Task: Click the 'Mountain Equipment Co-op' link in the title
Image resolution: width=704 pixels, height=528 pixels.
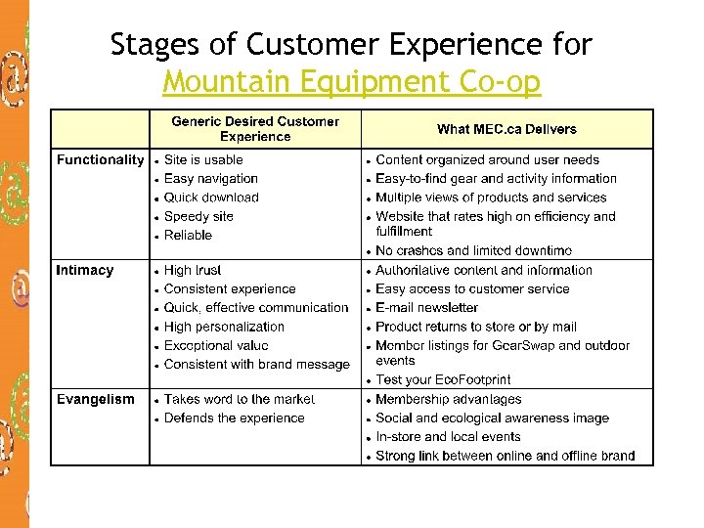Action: click(x=351, y=82)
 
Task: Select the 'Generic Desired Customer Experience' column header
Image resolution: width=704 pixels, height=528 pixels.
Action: click(x=255, y=129)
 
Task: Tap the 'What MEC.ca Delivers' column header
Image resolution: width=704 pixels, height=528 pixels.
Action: click(x=506, y=129)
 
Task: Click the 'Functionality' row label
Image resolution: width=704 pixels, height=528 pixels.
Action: click(x=100, y=159)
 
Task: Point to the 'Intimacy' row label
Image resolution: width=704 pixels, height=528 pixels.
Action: click(x=85, y=270)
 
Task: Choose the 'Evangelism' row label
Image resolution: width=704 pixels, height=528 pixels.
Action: click(x=96, y=399)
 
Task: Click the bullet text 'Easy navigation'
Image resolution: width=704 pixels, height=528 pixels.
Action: click(x=211, y=179)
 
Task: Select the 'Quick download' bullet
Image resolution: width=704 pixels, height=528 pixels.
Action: click(x=211, y=198)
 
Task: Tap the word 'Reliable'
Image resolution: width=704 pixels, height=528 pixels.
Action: click(x=188, y=236)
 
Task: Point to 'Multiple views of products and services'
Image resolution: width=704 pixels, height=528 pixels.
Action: click(x=491, y=198)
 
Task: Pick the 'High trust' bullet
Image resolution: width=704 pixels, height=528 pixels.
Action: click(x=193, y=270)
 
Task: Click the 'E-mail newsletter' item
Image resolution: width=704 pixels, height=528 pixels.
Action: click(x=427, y=308)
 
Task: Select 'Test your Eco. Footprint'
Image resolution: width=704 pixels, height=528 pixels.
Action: click(x=443, y=380)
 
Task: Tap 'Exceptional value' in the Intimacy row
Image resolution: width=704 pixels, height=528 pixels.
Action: click(x=216, y=346)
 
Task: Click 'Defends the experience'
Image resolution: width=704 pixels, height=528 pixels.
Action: click(x=235, y=418)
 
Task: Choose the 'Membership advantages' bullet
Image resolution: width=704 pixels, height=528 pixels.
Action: click(x=449, y=399)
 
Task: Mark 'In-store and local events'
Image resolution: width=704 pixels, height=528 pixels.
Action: click(x=448, y=437)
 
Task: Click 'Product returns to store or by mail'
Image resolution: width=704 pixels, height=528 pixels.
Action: click(x=476, y=327)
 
